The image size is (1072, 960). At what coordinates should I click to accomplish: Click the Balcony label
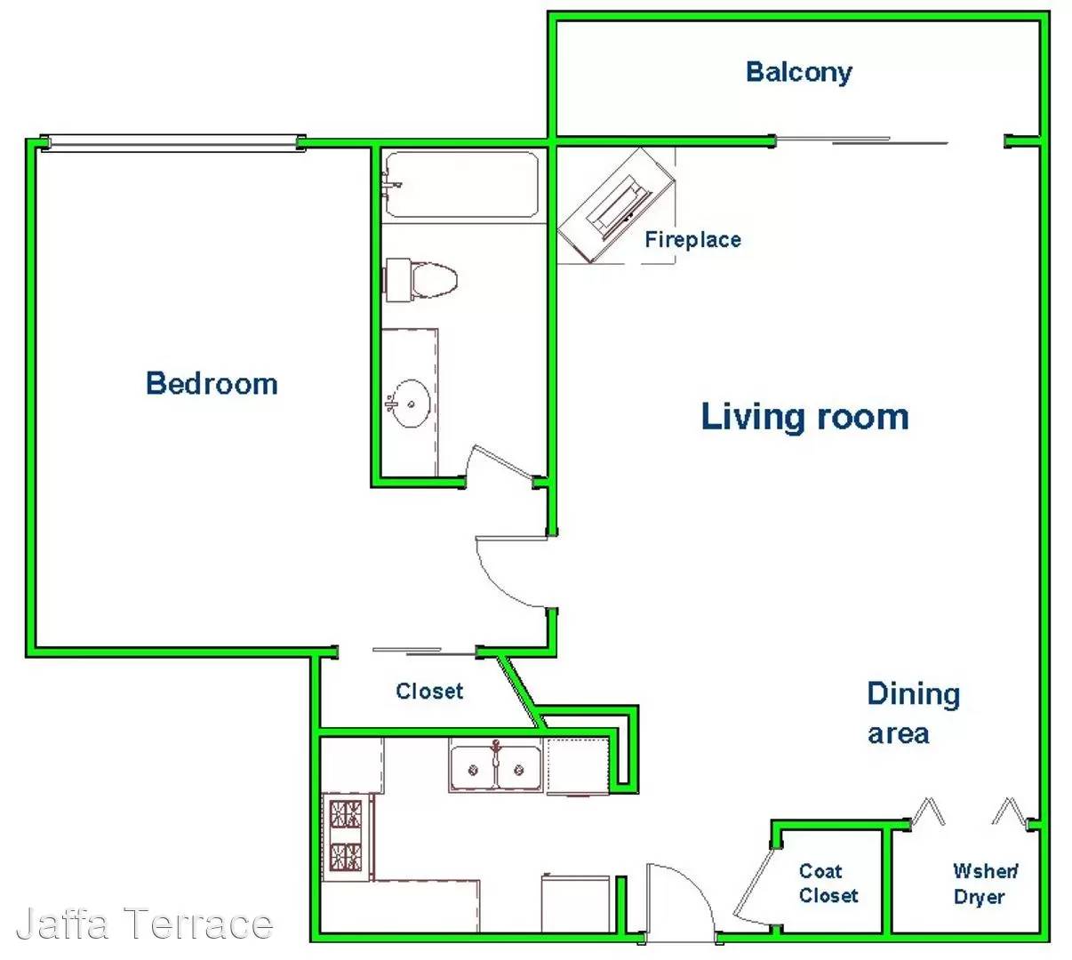tap(799, 73)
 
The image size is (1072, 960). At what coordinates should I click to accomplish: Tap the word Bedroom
tap(212, 383)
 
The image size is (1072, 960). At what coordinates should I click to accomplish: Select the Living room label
tap(804, 417)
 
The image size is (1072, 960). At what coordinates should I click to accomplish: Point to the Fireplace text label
tap(692, 240)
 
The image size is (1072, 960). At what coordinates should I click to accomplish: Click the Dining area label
tap(913, 713)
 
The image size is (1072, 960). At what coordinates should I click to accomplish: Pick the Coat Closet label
tap(828, 884)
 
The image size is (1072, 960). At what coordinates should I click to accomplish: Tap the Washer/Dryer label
tap(985, 884)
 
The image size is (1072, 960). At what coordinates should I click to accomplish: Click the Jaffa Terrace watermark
tap(145, 924)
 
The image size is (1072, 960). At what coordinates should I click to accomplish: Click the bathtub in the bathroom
tap(461, 184)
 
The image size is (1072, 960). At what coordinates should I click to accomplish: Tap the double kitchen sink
tap(495, 768)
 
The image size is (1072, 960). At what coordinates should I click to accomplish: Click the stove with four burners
tap(347, 836)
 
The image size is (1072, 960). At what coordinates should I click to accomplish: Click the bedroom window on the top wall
tap(173, 143)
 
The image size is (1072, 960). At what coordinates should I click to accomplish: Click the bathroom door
tap(501, 461)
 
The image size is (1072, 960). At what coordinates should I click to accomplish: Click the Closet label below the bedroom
tap(429, 692)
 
